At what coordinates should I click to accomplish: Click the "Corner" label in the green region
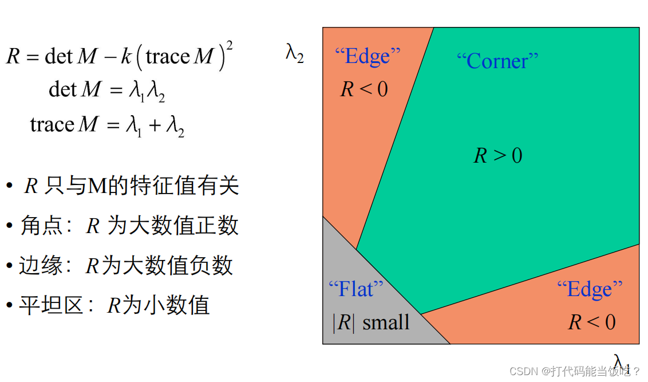497,61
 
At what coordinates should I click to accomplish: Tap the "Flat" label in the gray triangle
355,289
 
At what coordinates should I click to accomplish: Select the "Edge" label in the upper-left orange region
368,56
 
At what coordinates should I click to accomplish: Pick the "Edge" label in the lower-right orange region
590,289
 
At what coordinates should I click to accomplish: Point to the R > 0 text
498,156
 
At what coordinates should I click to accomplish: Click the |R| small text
371,322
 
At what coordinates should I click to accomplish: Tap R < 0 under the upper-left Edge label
364,89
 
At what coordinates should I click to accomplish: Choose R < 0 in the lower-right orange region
592,322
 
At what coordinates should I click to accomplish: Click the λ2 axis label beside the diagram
295,54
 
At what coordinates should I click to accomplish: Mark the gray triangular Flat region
366,309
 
